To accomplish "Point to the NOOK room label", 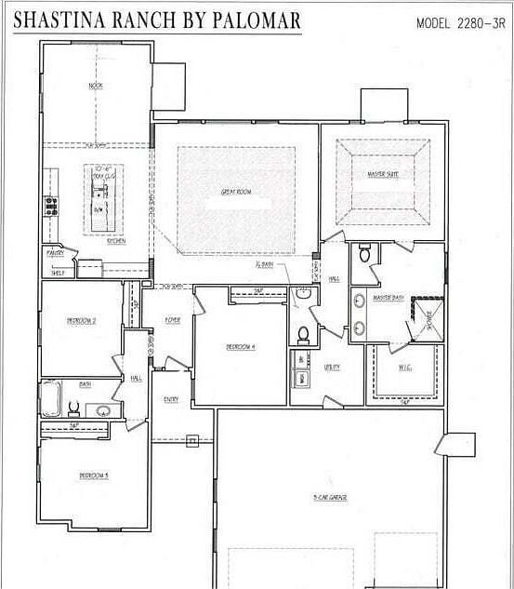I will (95, 86).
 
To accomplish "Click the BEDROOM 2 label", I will (82, 321).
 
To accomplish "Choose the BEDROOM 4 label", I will (241, 347).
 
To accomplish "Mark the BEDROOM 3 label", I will (94, 475).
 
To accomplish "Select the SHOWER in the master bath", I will (428, 319).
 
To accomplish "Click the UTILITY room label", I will (332, 367).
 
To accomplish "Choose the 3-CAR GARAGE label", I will (330, 499).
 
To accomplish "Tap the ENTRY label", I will (172, 400).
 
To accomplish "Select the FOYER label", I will (172, 320).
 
